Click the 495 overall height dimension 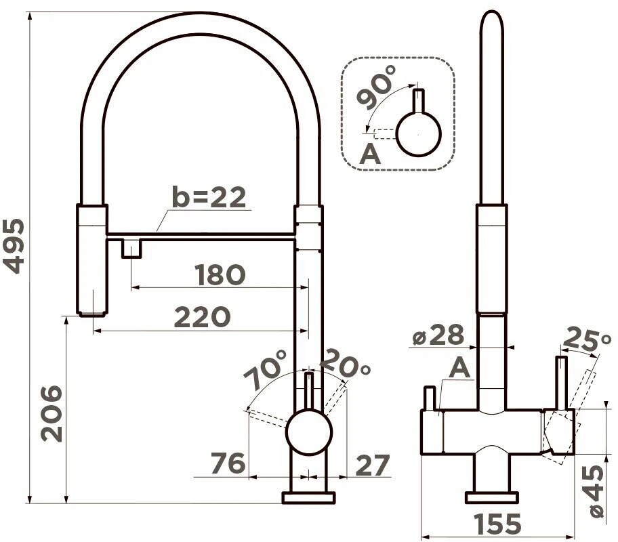pos(15,246)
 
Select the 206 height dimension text pos(52,414)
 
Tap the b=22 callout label pos(209,197)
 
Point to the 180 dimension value pos(220,275)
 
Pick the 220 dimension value pos(202,317)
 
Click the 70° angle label pos(266,369)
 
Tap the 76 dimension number pos(228,463)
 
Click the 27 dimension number pos(373,465)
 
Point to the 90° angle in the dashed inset pos(376,87)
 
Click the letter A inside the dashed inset pos(370,154)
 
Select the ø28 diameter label pos(438,335)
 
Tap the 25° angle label pos(587,339)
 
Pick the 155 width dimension pos(498,524)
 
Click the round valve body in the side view pos(309,432)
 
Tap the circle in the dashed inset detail pos(418,133)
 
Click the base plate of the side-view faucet pos(491,498)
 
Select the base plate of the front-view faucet pos(308,498)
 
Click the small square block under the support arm pos(131,249)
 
